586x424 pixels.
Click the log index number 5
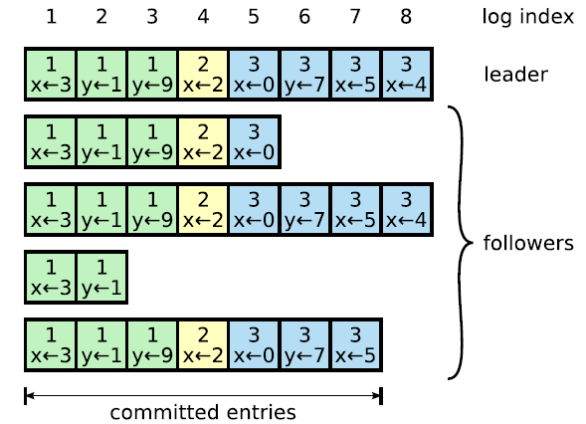254,17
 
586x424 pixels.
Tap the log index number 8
406,17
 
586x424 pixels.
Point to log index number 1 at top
51,17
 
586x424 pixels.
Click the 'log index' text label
527,17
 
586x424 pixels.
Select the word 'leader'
515,74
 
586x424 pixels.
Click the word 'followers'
528,243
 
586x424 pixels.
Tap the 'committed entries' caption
203,412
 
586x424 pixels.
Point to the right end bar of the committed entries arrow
381,396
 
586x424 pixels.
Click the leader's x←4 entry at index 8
407,75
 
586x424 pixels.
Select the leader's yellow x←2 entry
203,75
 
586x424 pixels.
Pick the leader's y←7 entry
304,75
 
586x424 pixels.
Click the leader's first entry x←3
51,75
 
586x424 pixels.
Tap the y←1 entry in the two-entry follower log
101,277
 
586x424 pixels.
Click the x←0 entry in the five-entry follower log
254,142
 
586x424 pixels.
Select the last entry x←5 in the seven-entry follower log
355,344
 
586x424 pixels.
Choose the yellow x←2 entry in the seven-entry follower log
203,344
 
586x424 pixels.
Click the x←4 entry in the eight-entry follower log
407,209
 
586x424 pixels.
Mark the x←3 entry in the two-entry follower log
51,277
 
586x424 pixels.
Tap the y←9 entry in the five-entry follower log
152,142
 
